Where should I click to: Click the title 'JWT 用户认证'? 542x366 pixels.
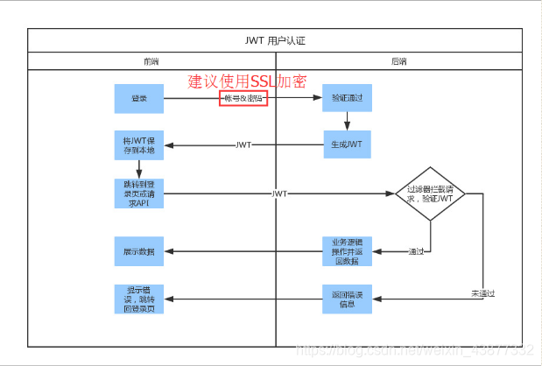275,41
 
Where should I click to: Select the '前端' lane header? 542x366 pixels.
151,61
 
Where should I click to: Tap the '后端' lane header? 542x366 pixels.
398,61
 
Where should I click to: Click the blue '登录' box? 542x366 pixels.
139,99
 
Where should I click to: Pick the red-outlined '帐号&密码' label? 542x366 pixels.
243,99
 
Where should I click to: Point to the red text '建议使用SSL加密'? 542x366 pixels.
248,81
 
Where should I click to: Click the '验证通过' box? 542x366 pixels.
347,99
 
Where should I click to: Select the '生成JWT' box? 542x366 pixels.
347,145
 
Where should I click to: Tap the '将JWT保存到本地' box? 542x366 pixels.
139,145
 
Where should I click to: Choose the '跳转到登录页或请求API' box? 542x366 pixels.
139,194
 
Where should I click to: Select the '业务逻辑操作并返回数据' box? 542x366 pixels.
347,251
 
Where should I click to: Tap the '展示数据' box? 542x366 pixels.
139,251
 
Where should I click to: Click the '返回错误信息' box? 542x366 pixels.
347,299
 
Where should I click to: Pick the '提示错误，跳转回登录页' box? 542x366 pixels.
139,299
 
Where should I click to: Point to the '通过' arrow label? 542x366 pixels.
417,252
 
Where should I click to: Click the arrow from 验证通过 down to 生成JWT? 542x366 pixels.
347,123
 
